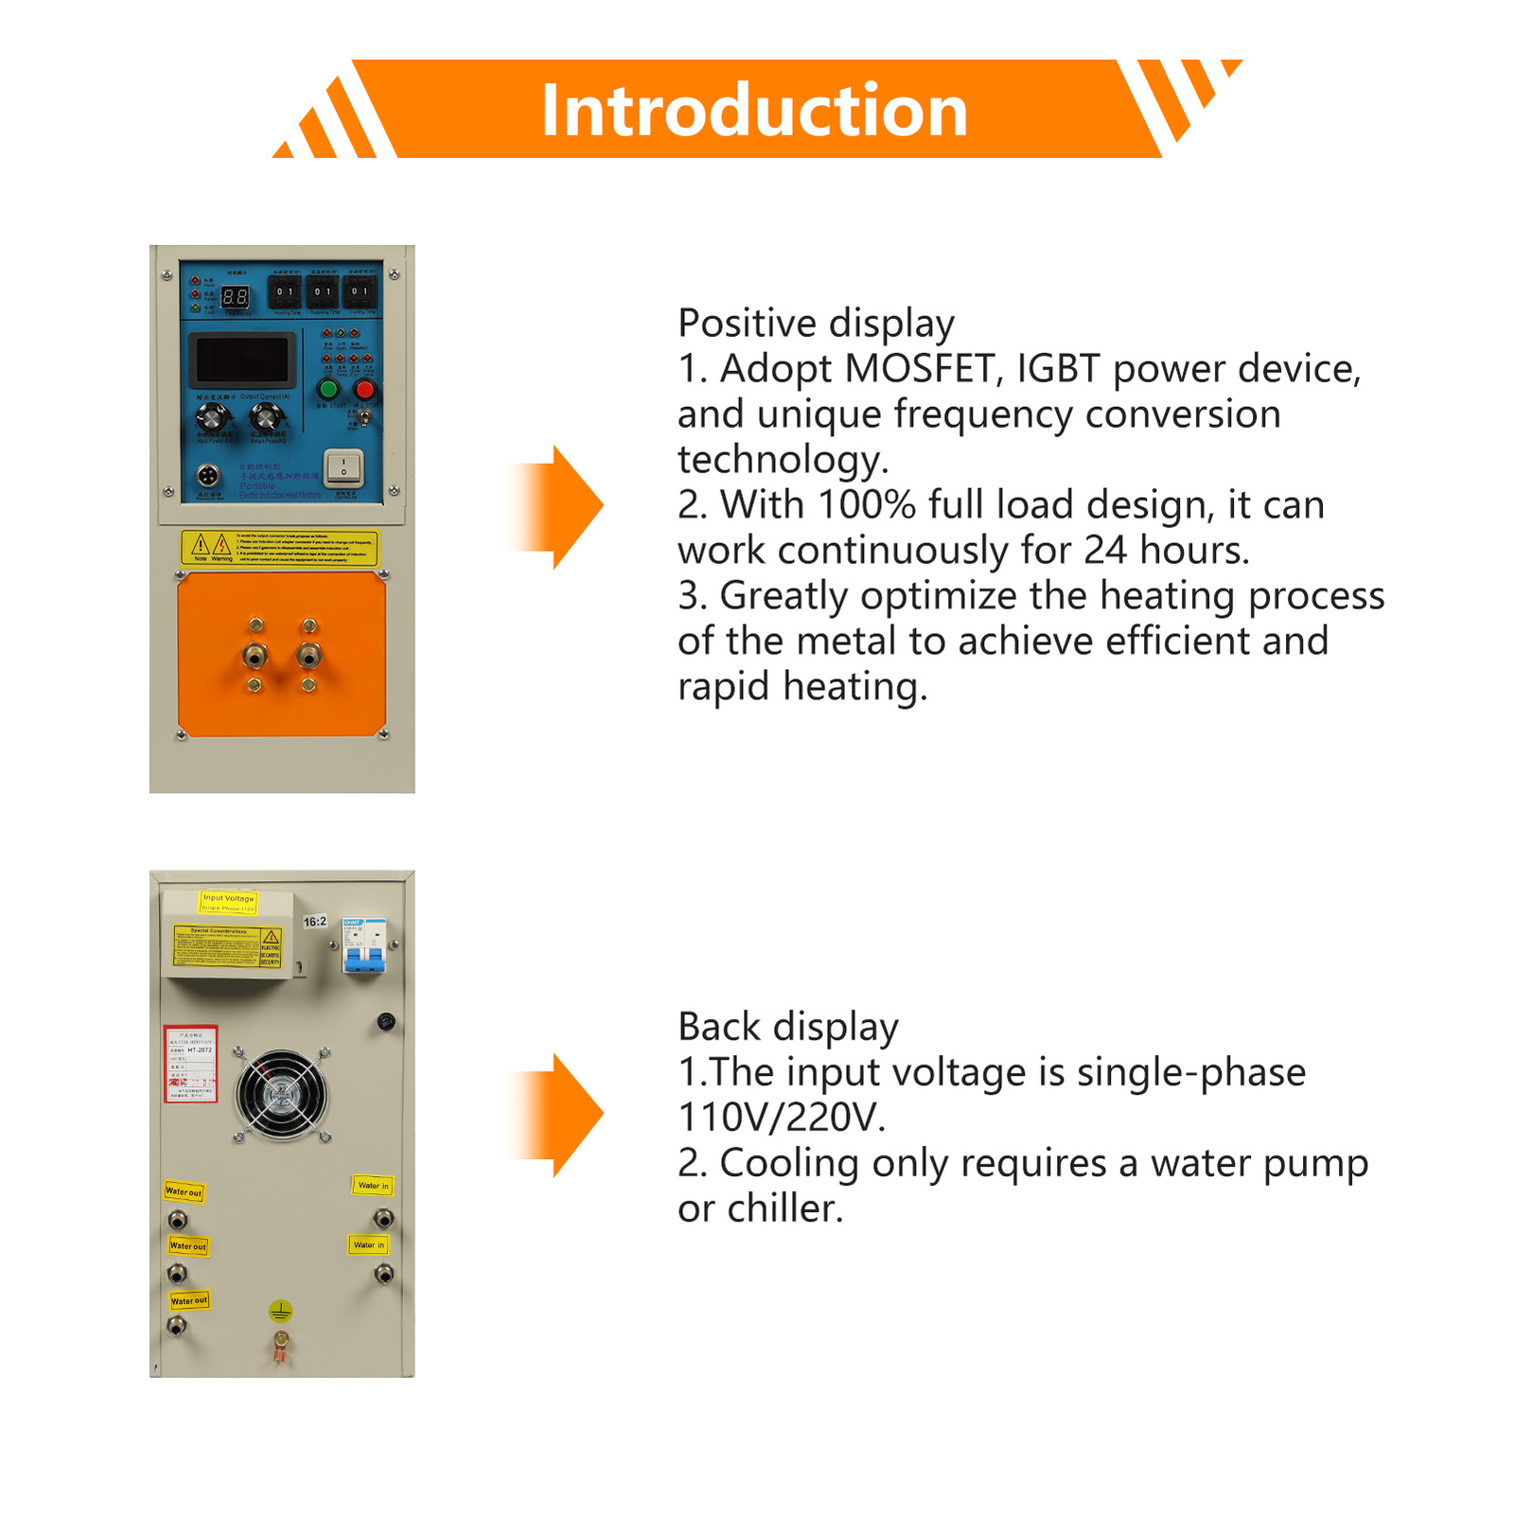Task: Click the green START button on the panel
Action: [328, 389]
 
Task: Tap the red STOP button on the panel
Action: [364, 389]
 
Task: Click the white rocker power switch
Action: [343, 466]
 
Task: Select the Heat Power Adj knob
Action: [213, 416]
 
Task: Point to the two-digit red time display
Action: [235, 297]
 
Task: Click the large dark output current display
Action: [242, 360]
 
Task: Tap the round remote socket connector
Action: [207, 475]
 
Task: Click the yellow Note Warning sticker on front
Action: [279, 548]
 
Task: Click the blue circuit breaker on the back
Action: [364, 946]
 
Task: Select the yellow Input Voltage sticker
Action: [228, 902]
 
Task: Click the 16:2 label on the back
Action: [314, 921]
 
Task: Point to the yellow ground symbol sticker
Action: [280, 1311]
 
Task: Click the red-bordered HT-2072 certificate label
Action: [190, 1064]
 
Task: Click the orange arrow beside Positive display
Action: [558, 506]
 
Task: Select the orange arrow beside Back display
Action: [558, 1115]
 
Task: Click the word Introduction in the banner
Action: [754, 111]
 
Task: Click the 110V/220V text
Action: [782, 1118]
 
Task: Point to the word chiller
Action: [784, 1208]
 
